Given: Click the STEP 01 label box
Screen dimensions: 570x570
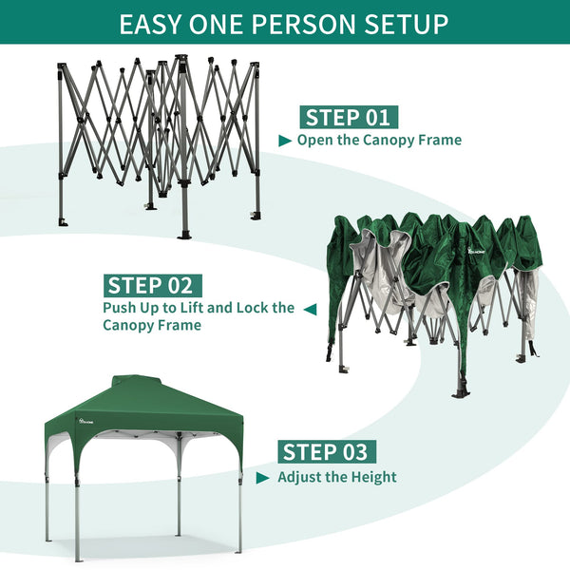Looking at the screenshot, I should pyautogui.click(x=349, y=118).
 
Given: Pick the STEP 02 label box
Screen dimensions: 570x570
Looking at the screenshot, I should pyautogui.click(x=152, y=285).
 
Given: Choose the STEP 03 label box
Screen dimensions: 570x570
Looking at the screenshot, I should pyautogui.click(x=324, y=452).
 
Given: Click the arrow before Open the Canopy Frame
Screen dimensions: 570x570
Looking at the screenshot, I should pyautogui.click(x=285, y=141).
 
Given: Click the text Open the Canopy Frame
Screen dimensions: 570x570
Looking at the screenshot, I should pyautogui.click(x=379, y=141).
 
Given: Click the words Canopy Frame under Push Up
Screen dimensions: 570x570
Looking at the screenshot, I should pyautogui.click(x=152, y=326).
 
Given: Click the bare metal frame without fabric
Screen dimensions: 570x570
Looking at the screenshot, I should pyautogui.click(x=157, y=142).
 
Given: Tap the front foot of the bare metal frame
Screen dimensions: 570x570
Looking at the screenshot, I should pyautogui.click(x=183, y=233).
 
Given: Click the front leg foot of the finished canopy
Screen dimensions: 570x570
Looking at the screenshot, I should pyautogui.click(x=79, y=556).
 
